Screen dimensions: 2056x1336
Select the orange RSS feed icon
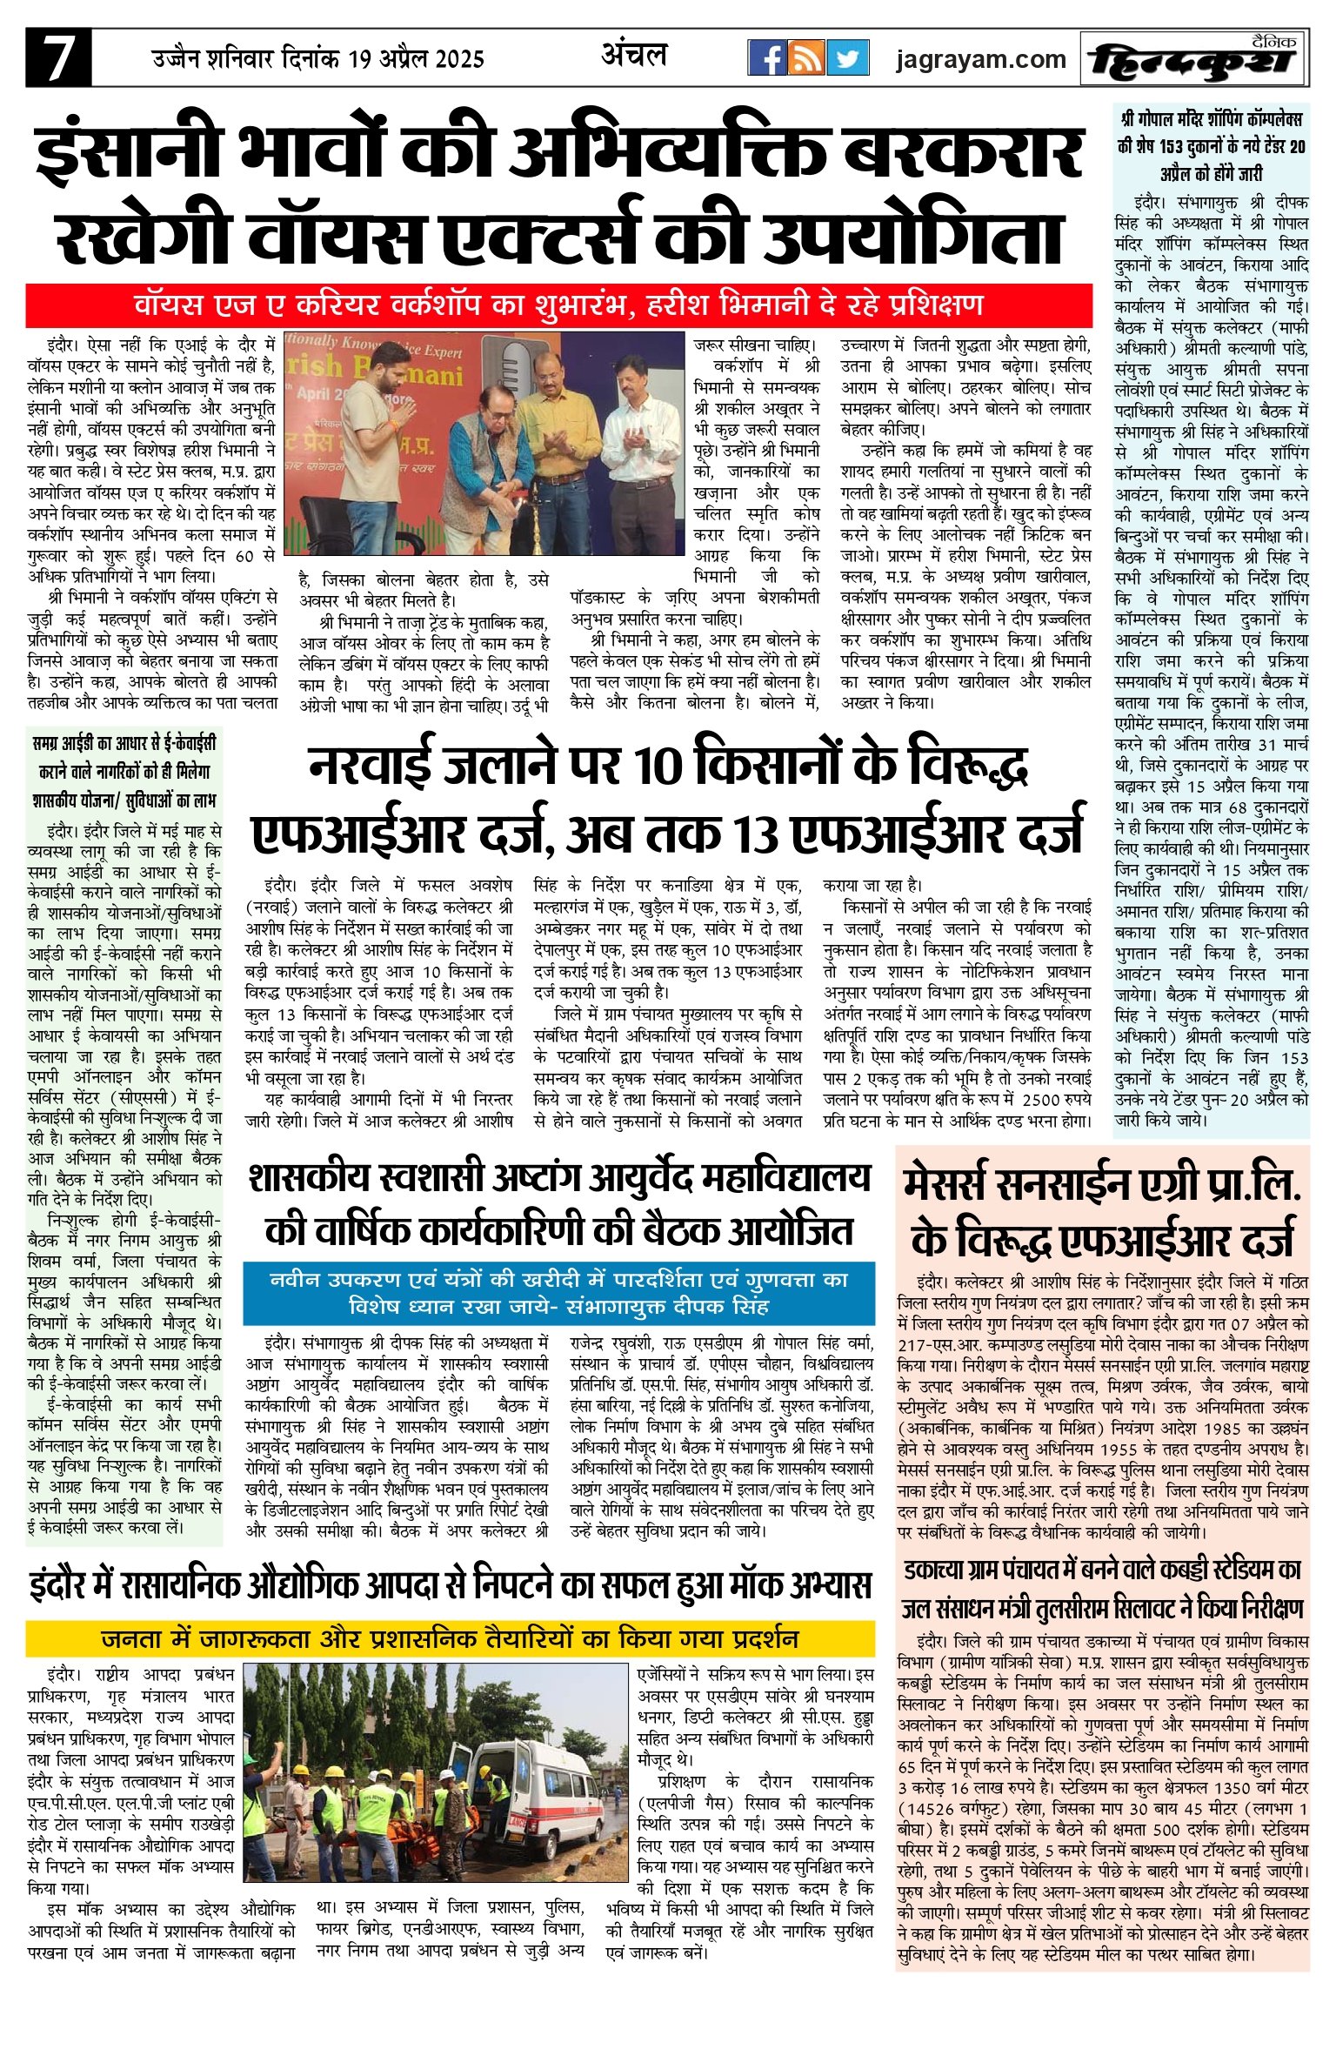[x=807, y=58]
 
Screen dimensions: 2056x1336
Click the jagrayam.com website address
[x=980, y=59]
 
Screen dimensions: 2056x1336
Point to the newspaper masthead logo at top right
[x=1192, y=59]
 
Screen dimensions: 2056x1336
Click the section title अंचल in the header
[x=633, y=57]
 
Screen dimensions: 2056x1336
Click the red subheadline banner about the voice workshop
[x=558, y=305]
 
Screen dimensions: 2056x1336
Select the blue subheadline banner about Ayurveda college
[x=558, y=1293]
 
